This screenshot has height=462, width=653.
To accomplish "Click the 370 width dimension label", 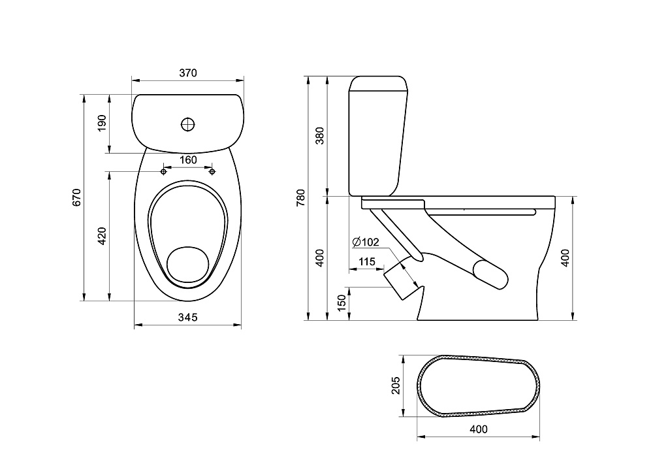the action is [x=188, y=73].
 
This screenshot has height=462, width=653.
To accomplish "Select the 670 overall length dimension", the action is [x=76, y=197].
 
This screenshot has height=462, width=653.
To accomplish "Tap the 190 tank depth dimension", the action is [x=102, y=124].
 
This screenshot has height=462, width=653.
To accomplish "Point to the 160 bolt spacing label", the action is [x=188, y=160].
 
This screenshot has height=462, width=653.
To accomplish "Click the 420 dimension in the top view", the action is [x=102, y=236].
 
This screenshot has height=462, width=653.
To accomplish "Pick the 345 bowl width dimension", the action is [x=188, y=318].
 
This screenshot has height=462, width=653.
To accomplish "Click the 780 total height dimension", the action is [x=300, y=198].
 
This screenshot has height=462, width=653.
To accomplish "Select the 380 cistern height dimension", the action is [x=319, y=136].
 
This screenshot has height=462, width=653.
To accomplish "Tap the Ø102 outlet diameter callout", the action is [x=366, y=242].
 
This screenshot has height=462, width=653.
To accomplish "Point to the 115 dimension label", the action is [x=367, y=261].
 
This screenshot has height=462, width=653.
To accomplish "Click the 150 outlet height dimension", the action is [x=342, y=303].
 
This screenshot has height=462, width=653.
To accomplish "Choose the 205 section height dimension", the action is [x=396, y=386].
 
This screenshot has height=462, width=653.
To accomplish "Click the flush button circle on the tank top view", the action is [x=188, y=124].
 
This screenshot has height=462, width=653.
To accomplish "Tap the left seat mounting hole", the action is [x=164, y=171].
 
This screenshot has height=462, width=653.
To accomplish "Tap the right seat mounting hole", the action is [x=212, y=171].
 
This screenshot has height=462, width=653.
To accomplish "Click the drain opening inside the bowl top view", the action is [x=187, y=264].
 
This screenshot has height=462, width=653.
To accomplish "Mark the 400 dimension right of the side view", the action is [x=565, y=258].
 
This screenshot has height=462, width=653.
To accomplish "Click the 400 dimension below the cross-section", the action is [x=479, y=429].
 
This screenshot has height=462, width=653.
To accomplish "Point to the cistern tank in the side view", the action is [x=377, y=136].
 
